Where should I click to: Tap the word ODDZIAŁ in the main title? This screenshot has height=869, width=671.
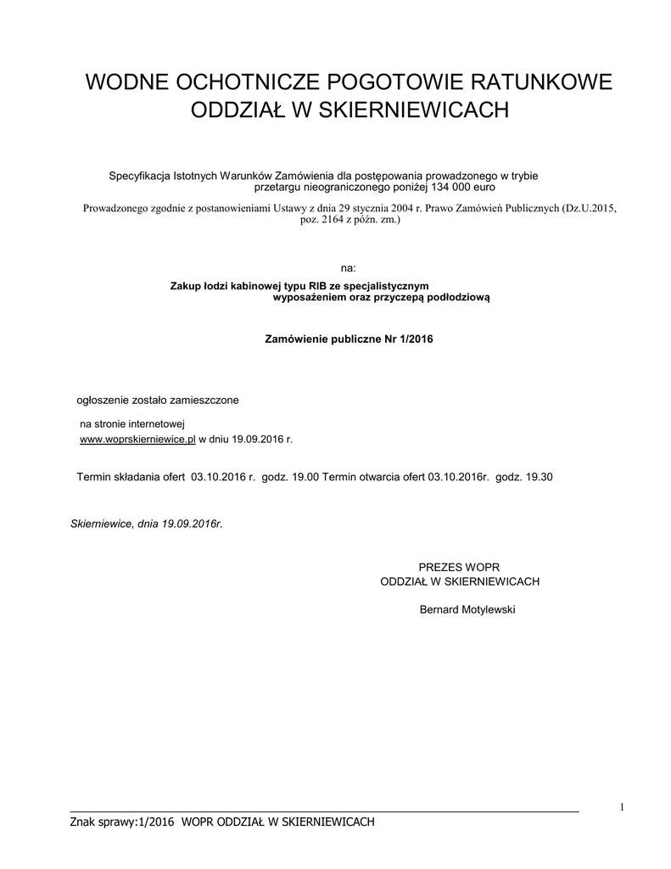point(239,110)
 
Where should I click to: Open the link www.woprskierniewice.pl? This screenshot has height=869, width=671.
point(137,440)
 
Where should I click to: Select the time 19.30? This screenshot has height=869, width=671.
point(539,477)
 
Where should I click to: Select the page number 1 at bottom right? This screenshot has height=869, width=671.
point(622,806)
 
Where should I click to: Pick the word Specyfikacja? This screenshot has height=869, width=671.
point(139,176)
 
